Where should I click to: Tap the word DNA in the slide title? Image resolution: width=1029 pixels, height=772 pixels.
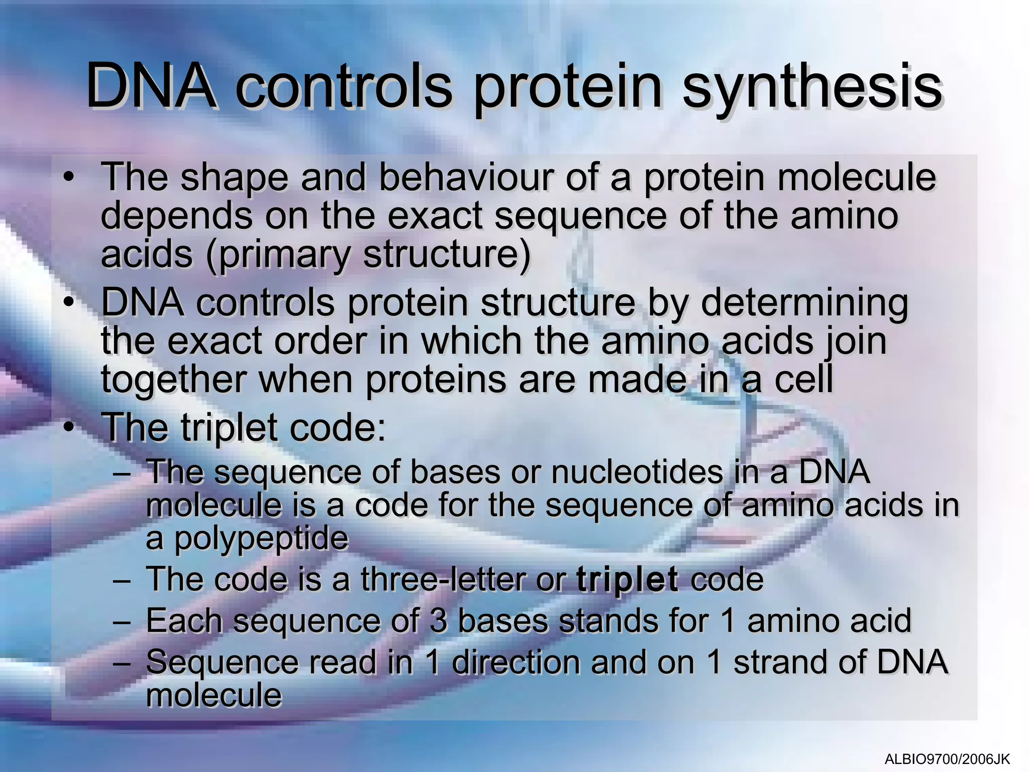point(151,86)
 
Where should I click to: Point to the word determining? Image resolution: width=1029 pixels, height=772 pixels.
point(804,303)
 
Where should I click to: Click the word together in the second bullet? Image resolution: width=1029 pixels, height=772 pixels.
point(173,379)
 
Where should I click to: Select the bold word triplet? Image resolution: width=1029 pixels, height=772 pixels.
point(627,580)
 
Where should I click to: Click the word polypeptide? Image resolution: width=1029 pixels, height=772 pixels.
point(261,538)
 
